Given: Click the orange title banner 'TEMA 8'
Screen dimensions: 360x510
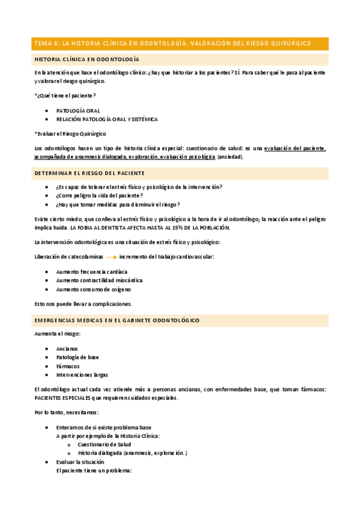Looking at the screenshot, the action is click(x=174, y=43).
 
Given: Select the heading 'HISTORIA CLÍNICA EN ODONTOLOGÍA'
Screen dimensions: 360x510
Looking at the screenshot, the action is click(x=87, y=60).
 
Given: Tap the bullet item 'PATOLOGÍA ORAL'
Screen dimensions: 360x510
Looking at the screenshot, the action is click(x=78, y=111).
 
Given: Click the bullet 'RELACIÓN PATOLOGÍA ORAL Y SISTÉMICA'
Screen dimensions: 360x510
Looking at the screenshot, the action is click(x=107, y=119).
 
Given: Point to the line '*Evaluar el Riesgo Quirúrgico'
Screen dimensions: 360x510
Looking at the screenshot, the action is click(x=70, y=133).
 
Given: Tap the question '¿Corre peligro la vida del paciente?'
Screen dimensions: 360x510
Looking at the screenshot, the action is click(x=100, y=195).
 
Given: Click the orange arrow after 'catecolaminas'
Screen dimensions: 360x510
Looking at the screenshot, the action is click(x=111, y=257).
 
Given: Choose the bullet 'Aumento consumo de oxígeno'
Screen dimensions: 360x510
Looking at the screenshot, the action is click(x=93, y=289).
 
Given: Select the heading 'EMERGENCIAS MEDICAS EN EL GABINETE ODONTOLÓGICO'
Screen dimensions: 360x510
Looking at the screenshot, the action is click(x=117, y=321).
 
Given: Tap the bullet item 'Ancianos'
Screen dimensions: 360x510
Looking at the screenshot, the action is click(x=67, y=348).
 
